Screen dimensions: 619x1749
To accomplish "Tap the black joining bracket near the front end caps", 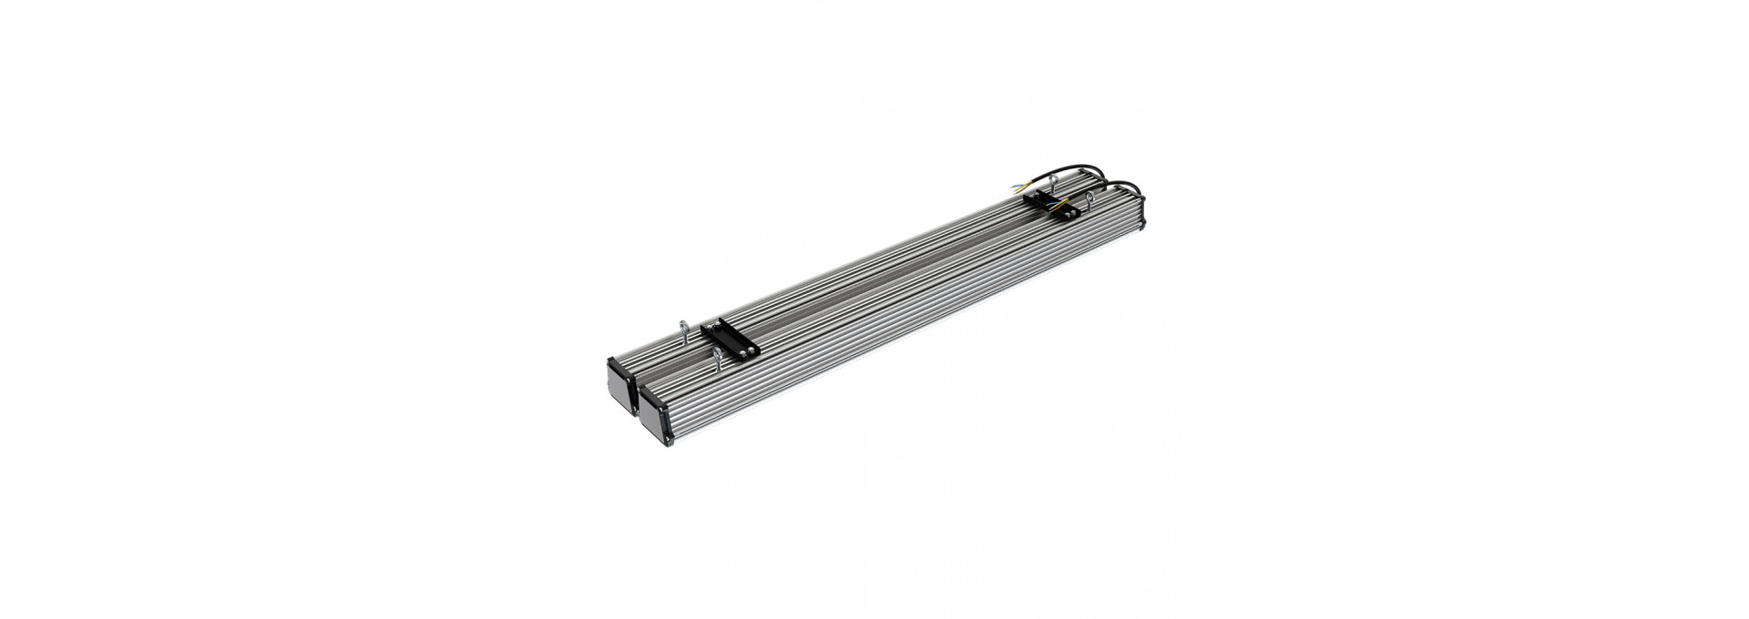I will point(730,338).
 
